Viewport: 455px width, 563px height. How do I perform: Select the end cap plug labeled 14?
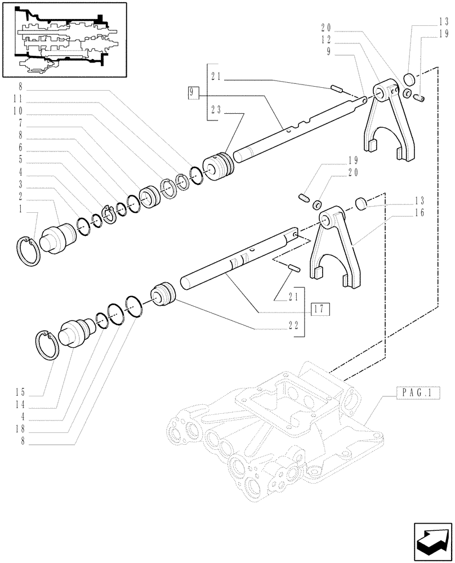(x=75, y=334)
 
